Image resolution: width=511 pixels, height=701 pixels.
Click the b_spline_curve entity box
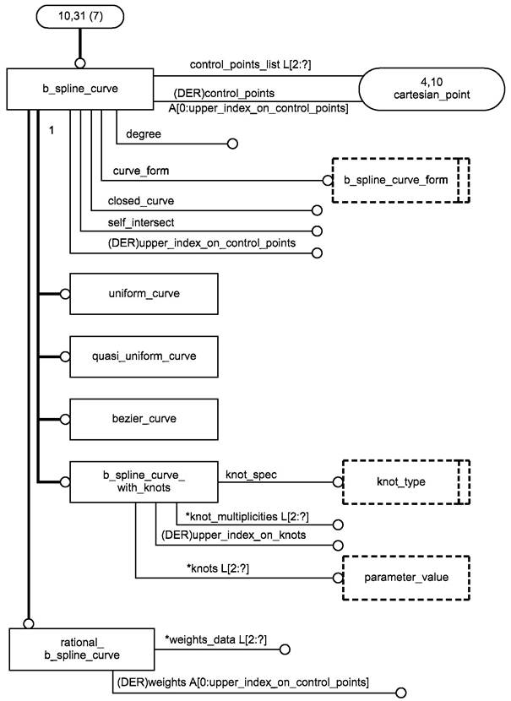click(79, 88)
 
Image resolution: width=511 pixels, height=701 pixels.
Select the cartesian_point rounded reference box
click(427, 88)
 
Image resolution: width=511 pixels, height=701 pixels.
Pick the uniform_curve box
click(144, 294)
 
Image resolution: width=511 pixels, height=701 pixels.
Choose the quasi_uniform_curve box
click(144, 356)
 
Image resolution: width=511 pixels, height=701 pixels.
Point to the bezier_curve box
click(144, 418)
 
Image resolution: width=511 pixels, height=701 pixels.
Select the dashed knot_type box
click(400, 482)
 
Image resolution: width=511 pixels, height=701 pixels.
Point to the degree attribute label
click(144, 134)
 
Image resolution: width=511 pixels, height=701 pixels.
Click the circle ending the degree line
click(232, 144)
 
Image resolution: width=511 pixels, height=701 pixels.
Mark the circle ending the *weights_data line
click(285, 650)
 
